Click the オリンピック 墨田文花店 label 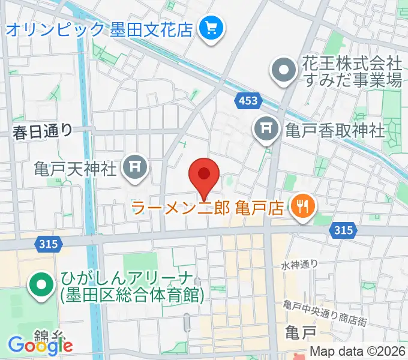tap(99, 28)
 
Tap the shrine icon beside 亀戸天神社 tap(134, 168)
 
